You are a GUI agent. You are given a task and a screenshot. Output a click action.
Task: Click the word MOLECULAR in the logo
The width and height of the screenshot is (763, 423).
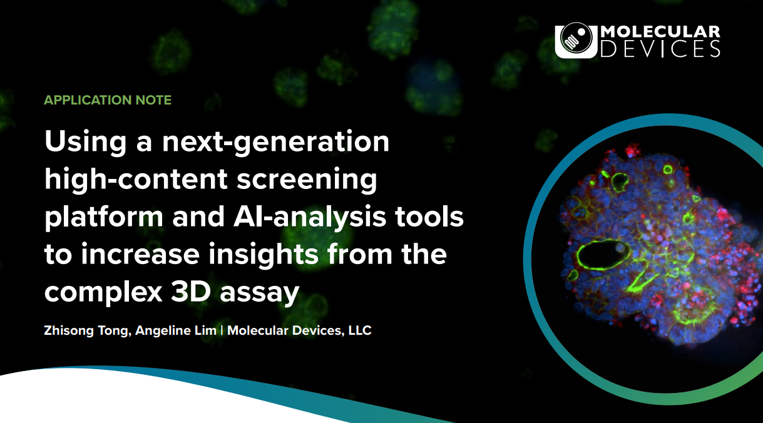point(660,32)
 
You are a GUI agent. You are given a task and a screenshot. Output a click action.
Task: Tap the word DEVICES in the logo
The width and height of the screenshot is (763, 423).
point(660,49)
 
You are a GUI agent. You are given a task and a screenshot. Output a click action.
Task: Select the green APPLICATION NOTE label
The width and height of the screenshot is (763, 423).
point(108,100)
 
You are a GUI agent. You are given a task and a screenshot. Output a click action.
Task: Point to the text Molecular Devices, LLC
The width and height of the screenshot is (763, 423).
point(299,330)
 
